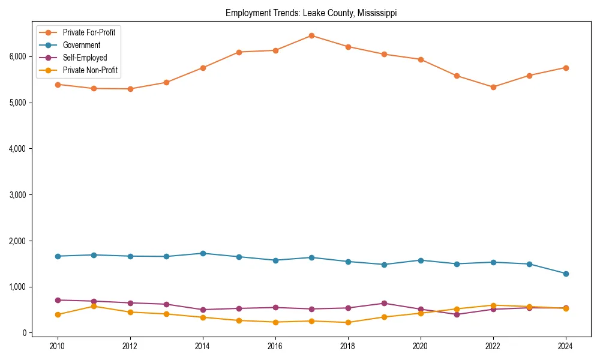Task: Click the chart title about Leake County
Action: click(x=311, y=13)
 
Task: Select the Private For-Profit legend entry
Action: click(x=89, y=32)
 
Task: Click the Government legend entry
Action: click(x=81, y=45)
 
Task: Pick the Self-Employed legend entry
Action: click(x=85, y=58)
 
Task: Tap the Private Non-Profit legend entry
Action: click(x=90, y=70)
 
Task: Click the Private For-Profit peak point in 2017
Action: click(x=311, y=35)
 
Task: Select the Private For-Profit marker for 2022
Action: click(x=493, y=87)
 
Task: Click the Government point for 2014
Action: click(x=203, y=253)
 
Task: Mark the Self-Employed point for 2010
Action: click(x=58, y=300)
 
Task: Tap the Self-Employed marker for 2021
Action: click(x=457, y=314)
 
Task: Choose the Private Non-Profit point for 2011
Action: click(x=94, y=306)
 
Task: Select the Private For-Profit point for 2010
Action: click(x=58, y=85)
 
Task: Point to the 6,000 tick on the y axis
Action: click(x=17, y=56)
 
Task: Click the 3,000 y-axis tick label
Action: click(x=17, y=195)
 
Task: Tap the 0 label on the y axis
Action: click(x=24, y=333)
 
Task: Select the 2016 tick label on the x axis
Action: click(x=275, y=346)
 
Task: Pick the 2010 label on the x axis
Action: click(x=58, y=346)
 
